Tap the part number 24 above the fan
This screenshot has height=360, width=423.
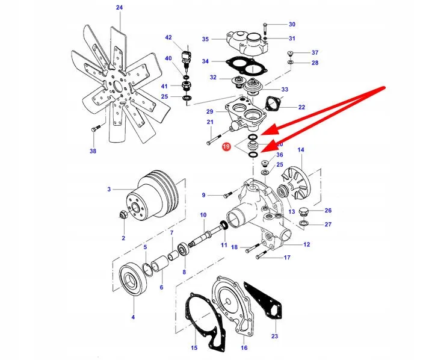pyautogui.click(x=119, y=8)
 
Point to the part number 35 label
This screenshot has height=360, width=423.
pyautogui.click(x=205, y=39)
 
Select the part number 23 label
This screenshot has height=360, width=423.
pyautogui.click(x=275, y=336)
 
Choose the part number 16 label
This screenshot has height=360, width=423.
pyautogui.click(x=244, y=348)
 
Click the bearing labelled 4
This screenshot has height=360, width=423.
pyautogui.click(x=132, y=280)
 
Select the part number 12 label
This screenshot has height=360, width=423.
pyautogui.click(x=306, y=244)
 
